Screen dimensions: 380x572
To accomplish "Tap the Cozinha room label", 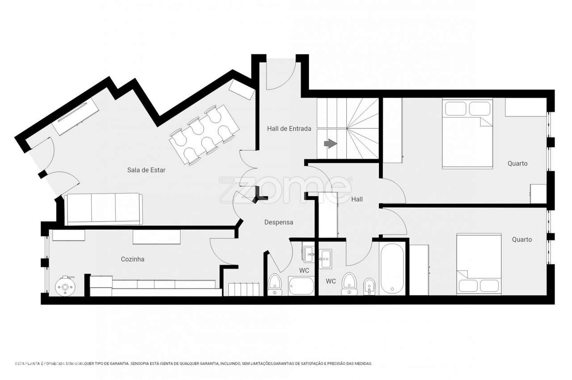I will [133, 259].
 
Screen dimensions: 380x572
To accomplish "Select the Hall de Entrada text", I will [289, 129].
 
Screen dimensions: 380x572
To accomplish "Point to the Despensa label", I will [278, 222].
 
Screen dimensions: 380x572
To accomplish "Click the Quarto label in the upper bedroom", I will [517, 164].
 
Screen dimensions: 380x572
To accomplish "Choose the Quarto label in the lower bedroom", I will [522, 240].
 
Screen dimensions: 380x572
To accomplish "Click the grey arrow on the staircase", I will [330, 144].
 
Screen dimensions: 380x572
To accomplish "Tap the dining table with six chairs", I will [204, 135].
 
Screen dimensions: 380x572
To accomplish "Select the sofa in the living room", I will [104, 209].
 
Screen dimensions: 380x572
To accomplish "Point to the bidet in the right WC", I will [369, 286].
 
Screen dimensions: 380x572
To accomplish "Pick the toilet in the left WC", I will [274, 284].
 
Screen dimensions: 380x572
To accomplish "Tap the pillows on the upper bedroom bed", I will [467, 109].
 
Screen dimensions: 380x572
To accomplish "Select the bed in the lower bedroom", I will [478, 264].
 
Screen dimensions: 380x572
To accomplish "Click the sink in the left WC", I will [309, 254].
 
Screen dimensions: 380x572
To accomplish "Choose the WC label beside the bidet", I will [331, 281].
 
